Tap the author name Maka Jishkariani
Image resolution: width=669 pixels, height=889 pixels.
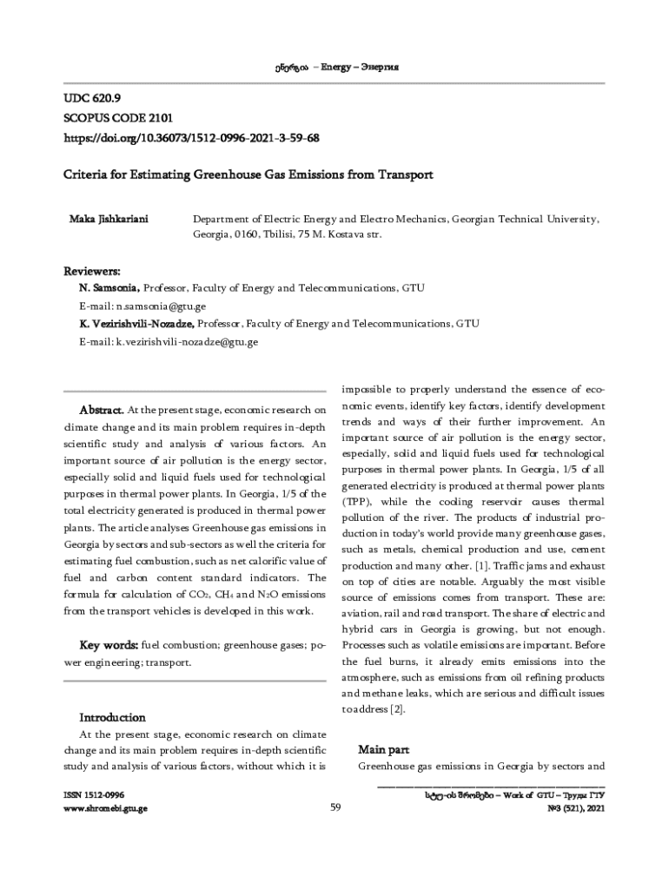(x=108, y=219)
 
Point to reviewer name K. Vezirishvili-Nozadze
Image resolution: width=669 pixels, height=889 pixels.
(x=137, y=324)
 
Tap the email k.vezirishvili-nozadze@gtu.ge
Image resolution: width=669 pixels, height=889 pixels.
(x=187, y=342)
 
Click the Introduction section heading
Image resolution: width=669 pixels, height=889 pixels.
(x=113, y=718)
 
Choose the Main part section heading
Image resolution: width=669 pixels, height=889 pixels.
(x=384, y=749)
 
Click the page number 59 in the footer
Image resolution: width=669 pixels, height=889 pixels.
(x=335, y=809)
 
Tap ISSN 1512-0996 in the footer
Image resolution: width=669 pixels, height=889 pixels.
(x=95, y=795)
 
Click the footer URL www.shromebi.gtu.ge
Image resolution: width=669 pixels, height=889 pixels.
(x=105, y=809)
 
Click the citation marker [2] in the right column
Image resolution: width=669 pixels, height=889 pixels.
(x=397, y=709)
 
